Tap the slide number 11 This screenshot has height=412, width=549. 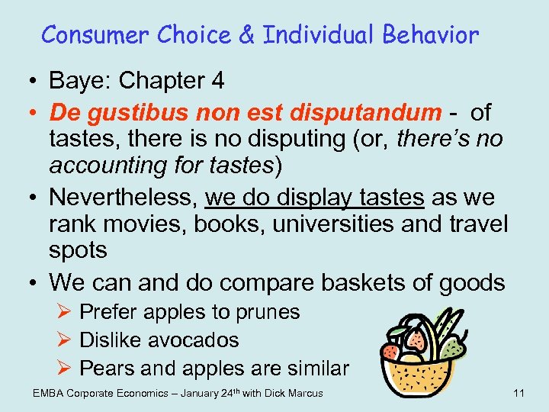point(518,393)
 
